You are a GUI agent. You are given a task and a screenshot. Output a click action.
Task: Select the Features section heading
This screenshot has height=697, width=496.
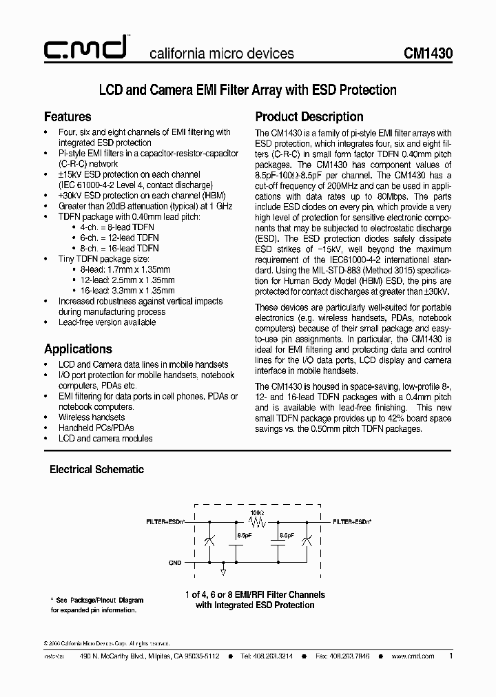(x=68, y=116)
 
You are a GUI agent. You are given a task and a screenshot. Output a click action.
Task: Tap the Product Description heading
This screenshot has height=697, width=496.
(x=309, y=116)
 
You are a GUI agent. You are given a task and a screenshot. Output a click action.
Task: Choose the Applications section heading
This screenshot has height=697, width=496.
(x=78, y=348)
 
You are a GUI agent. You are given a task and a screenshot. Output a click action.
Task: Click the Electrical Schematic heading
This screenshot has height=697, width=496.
(x=96, y=469)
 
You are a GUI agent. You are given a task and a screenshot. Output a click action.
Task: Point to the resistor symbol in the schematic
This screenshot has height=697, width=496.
(x=257, y=522)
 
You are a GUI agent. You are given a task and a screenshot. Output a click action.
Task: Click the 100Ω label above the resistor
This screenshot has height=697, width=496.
(x=257, y=513)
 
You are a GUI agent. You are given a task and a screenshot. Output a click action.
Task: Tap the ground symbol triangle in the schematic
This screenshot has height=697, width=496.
(x=223, y=571)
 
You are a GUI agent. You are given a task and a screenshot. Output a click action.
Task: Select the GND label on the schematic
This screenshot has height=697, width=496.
(x=175, y=563)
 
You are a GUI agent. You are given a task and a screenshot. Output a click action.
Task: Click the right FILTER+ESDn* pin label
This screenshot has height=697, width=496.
(x=352, y=522)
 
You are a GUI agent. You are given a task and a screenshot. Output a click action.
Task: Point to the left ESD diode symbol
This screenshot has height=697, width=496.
(x=209, y=541)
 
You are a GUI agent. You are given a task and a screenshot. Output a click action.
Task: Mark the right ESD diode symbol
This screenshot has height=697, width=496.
(x=307, y=541)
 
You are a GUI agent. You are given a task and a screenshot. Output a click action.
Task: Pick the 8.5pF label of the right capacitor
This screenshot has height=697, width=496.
(x=287, y=534)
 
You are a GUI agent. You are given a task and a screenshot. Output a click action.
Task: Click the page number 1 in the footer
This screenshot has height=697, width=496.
(x=451, y=656)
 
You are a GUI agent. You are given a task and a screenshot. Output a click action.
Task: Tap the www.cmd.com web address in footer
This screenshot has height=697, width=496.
(x=413, y=656)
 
